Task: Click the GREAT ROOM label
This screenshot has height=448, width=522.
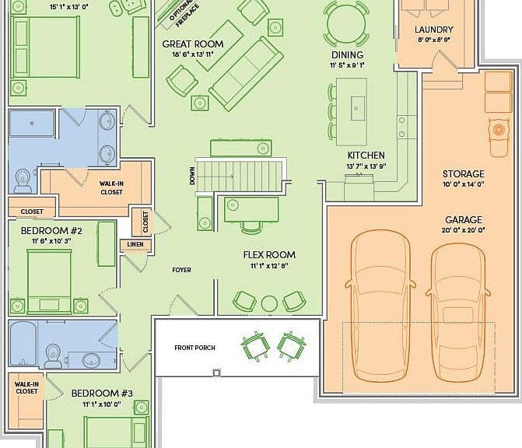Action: pyautogui.click(x=193, y=44)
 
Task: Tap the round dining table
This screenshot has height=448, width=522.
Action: pyautogui.click(x=346, y=23)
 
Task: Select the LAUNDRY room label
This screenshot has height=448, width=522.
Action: pyautogui.click(x=434, y=30)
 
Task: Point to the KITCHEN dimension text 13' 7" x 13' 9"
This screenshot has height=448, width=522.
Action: pyautogui.click(x=366, y=166)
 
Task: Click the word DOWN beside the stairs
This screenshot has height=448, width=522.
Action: pyautogui.click(x=192, y=176)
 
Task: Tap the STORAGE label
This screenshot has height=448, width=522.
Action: pyautogui.click(x=463, y=174)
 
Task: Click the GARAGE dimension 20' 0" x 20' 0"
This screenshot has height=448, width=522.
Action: pyautogui.click(x=463, y=230)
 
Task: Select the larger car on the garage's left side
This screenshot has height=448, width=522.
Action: pyautogui.click(x=380, y=306)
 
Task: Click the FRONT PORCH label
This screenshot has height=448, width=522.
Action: pyautogui.click(x=194, y=348)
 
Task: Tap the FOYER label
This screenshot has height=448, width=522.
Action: pyautogui.click(x=182, y=270)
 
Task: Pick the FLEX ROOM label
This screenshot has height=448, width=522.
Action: pyautogui.click(x=269, y=255)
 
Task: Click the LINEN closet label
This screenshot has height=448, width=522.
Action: pyautogui.click(x=135, y=244)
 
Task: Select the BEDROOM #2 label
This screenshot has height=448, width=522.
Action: pyautogui.click(x=51, y=231)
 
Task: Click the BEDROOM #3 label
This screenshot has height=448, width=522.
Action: pyautogui.click(x=102, y=394)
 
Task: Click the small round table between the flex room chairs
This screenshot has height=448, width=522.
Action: pyautogui.click(x=269, y=303)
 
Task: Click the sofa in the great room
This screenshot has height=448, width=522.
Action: pyautogui.click(x=246, y=74)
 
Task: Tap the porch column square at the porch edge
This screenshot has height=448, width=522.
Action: pyautogui.click(x=217, y=373)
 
